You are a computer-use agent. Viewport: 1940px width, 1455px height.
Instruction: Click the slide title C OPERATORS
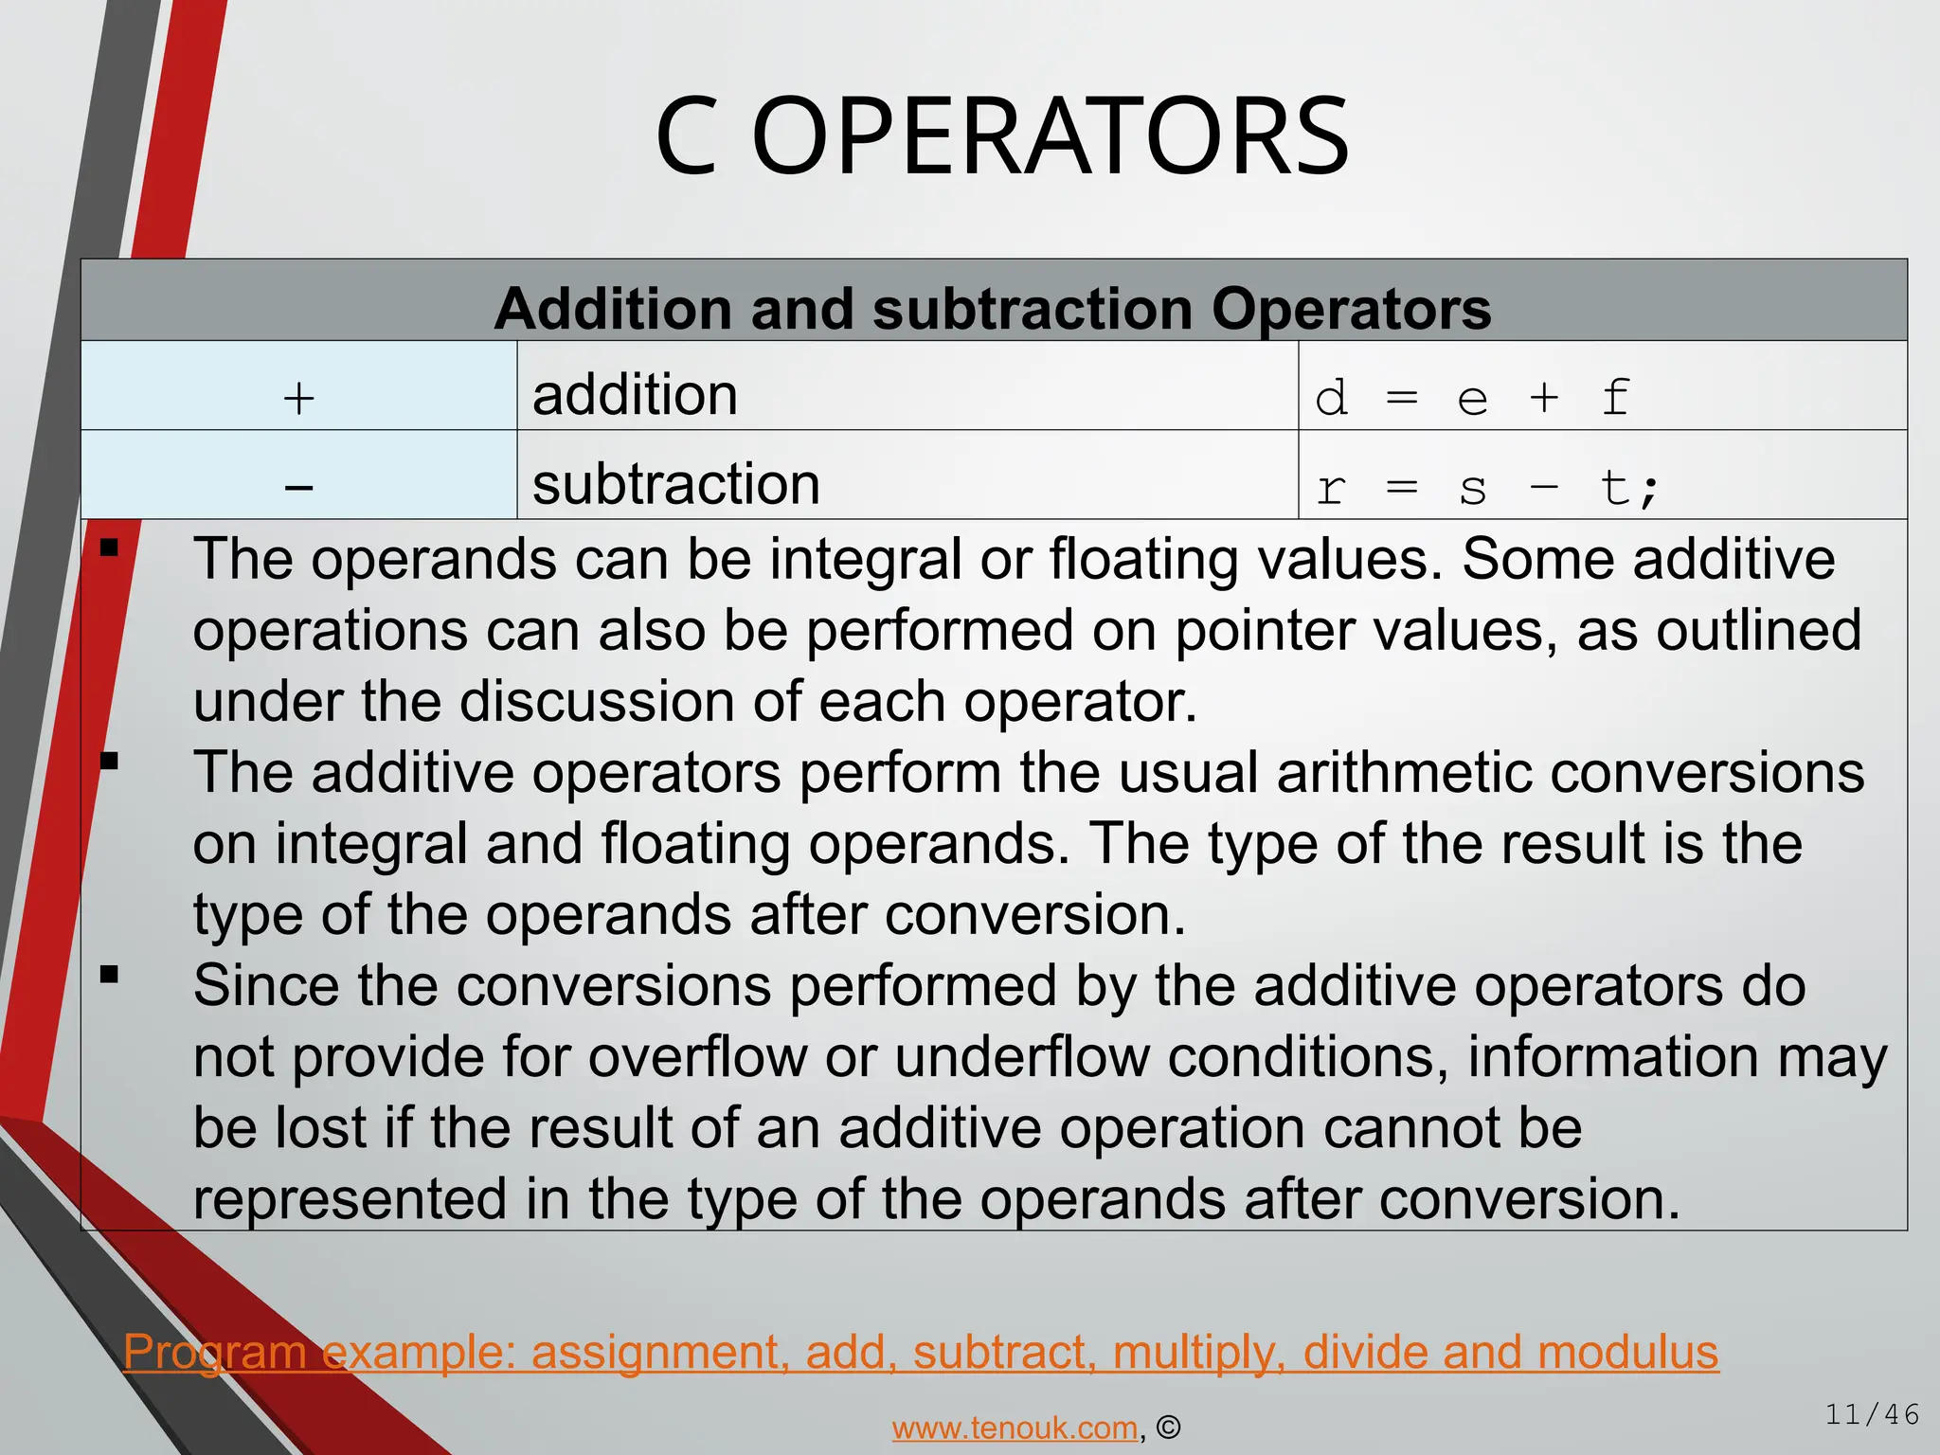(1002, 138)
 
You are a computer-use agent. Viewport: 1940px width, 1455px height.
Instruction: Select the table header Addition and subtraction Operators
(993, 309)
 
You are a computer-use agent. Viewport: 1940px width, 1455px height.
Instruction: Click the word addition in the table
(635, 395)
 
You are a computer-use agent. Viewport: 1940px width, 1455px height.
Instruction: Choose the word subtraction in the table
(675, 484)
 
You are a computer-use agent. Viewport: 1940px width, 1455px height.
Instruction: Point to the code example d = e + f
(1472, 397)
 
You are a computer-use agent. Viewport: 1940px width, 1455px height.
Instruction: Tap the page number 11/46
(1872, 1415)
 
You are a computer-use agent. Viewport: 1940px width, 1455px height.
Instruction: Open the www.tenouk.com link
(1015, 1428)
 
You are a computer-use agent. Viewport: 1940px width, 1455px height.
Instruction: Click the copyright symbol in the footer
(1169, 1428)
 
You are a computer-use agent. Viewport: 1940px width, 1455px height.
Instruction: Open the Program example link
(921, 1352)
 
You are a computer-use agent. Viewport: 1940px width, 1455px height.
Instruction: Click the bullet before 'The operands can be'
(110, 548)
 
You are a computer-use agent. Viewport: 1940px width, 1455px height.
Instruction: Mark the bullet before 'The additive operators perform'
(110, 761)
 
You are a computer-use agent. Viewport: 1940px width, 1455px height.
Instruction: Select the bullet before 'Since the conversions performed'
(110, 974)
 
